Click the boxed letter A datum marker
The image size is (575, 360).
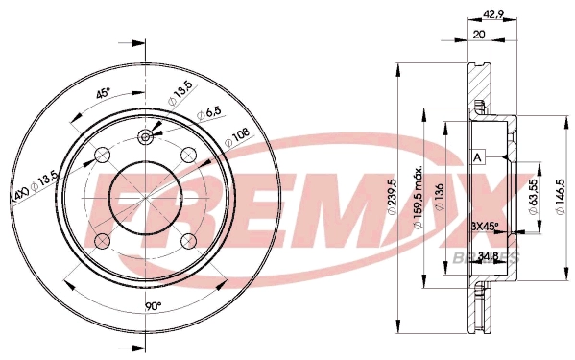point(476,157)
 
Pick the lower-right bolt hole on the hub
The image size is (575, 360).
point(189,239)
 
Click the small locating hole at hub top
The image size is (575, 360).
point(145,137)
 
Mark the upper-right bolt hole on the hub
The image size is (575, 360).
point(188,153)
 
